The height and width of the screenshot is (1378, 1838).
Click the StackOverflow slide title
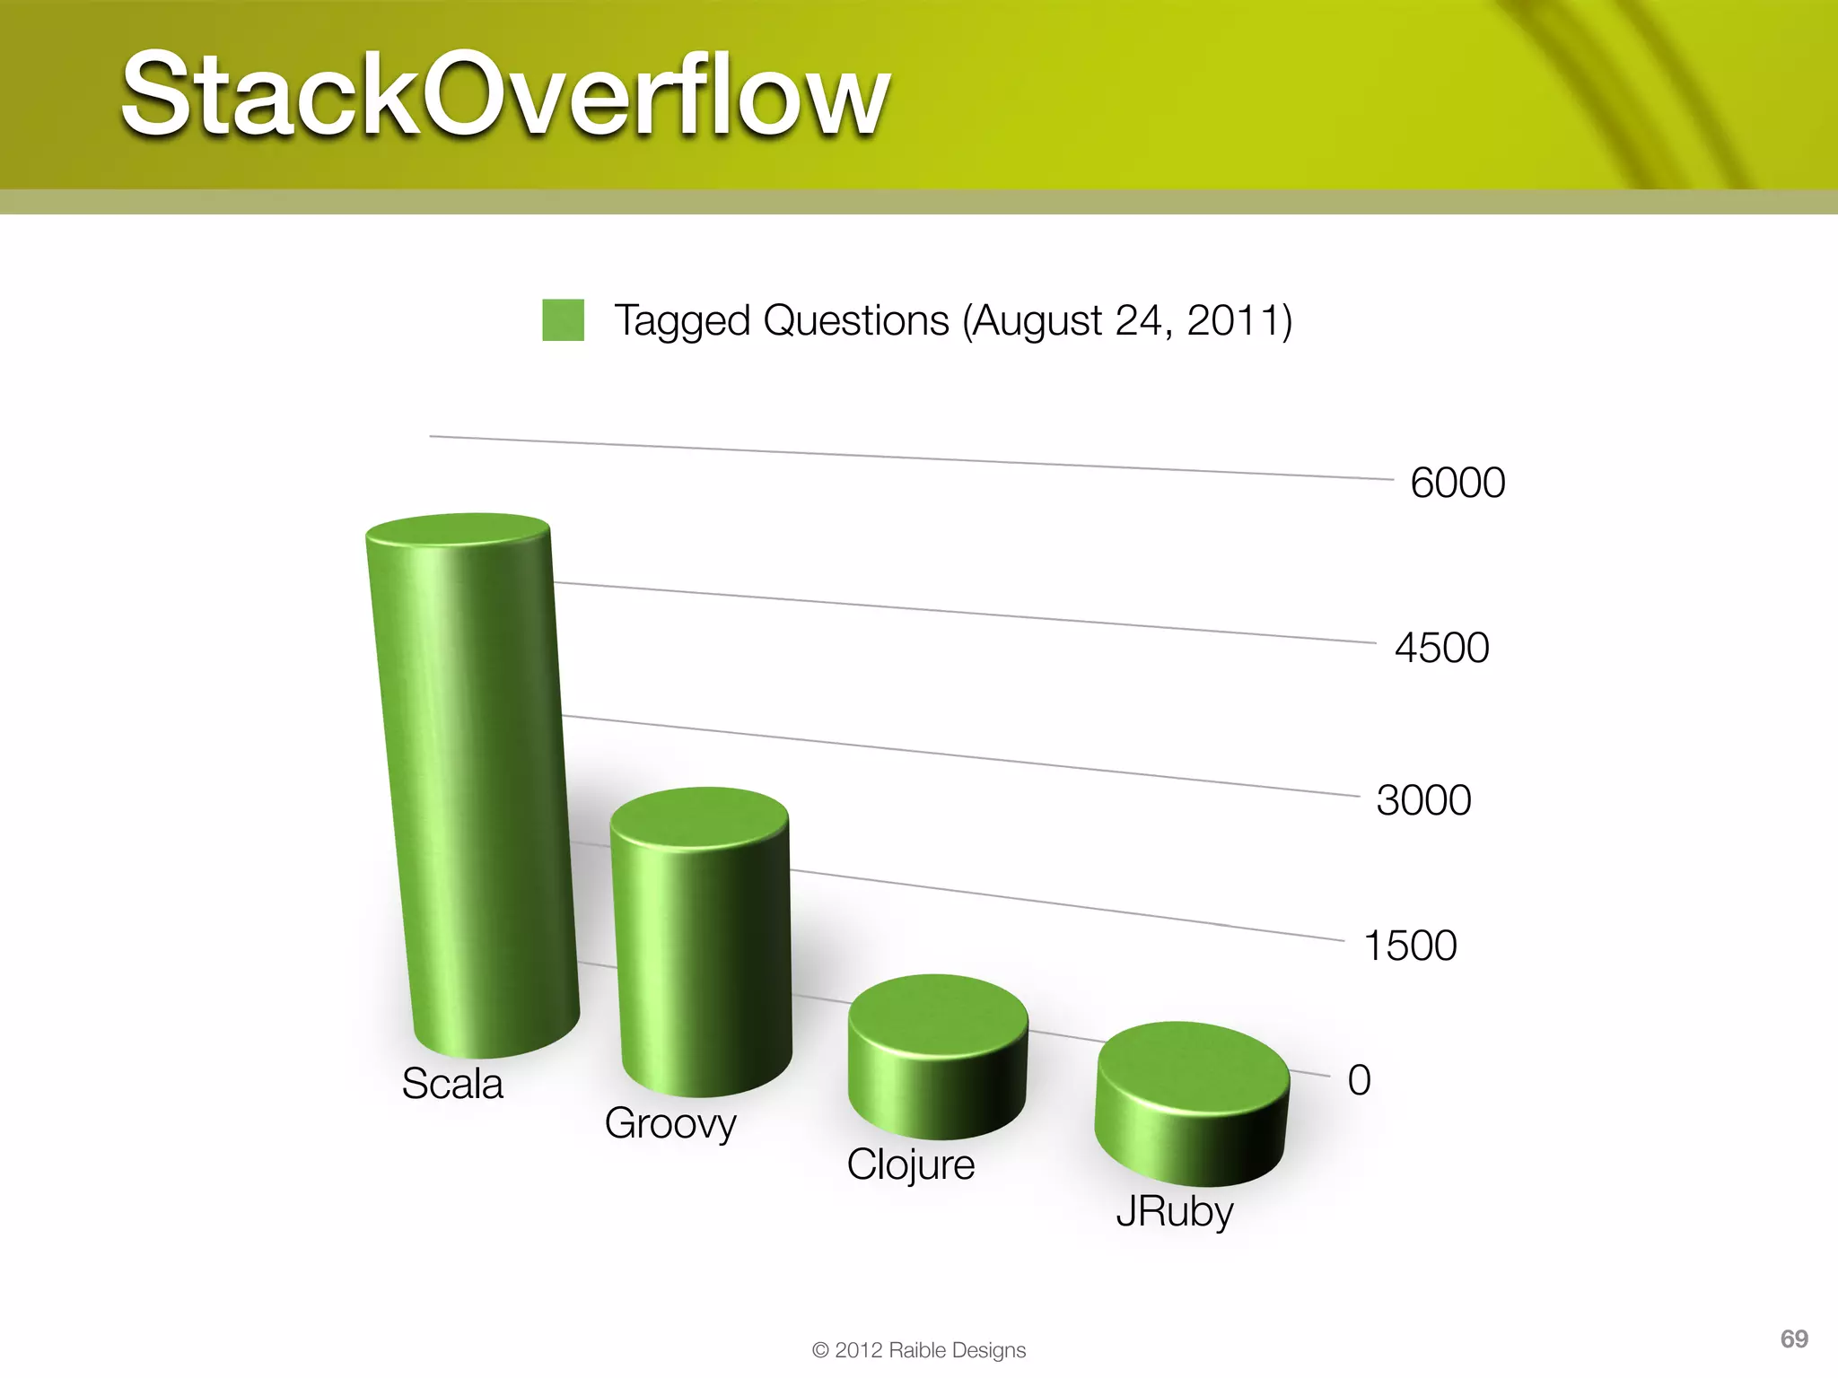coord(505,94)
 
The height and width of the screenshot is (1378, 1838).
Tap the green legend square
coord(563,320)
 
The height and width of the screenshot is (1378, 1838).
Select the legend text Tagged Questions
coord(781,320)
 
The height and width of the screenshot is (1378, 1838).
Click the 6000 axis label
coord(1457,483)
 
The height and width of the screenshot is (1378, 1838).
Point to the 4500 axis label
coord(1441,648)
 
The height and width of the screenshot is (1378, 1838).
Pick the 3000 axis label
coord(1423,800)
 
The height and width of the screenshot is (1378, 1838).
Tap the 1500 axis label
coord(1410,946)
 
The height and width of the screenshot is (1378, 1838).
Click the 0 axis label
coord(1359,1080)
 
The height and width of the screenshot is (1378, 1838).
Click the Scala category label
coord(452,1084)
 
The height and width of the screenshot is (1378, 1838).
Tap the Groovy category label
coord(670,1124)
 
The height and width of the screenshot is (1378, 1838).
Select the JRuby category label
coord(1174,1212)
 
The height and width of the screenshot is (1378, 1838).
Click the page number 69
coord(1793,1339)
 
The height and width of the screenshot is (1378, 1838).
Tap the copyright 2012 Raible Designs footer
coord(918,1350)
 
